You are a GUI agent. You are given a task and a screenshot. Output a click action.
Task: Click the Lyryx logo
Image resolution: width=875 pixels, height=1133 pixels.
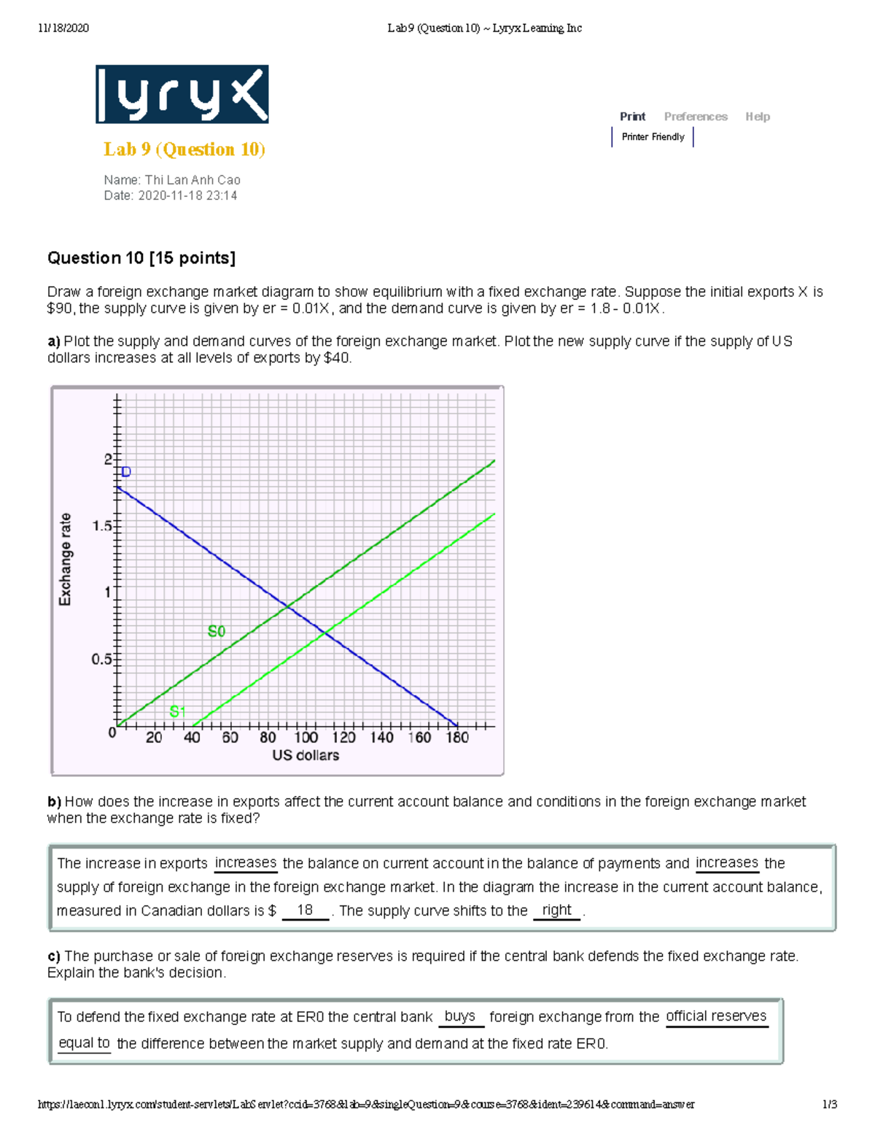coord(182,94)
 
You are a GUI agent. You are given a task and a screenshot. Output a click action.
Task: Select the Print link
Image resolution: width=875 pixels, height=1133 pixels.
coord(632,117)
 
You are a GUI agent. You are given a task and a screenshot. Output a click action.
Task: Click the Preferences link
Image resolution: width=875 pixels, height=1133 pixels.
coord(696,117)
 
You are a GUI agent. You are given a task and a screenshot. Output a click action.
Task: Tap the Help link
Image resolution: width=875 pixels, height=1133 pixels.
coord(757,117)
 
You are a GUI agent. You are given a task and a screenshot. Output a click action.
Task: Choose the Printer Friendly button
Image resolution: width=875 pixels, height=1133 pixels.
coord(653,137)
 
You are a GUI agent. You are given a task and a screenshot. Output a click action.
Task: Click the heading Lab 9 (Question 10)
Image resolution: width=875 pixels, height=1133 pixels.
coord(184,150)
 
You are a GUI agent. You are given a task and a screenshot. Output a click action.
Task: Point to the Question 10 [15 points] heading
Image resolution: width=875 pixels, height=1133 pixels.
coord(141,258)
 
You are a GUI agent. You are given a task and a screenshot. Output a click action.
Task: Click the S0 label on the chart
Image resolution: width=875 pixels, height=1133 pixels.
coord(217,631)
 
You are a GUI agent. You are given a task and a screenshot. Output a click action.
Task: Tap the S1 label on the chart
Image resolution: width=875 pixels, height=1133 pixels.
coord(177,711)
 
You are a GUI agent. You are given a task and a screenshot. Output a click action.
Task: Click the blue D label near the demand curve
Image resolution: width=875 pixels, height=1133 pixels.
coord(126,472)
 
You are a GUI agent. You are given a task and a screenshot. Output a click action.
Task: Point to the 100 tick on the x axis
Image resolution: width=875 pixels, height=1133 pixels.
coord(306,738)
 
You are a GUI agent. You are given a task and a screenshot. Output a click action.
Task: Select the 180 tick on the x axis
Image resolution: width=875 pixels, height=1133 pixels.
coord(457,738)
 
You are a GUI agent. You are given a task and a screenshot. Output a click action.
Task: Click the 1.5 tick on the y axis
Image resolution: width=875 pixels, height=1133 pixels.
coord(102,526)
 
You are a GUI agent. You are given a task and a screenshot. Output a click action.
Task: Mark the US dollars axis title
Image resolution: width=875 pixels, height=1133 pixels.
coord(306,756)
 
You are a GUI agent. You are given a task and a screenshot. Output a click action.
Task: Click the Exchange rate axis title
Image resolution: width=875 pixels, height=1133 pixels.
coord(66,559)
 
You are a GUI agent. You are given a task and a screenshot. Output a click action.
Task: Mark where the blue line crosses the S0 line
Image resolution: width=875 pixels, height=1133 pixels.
coord(288,606)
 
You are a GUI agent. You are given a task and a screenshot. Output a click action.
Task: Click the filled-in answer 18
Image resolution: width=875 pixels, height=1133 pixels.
coord(305,910)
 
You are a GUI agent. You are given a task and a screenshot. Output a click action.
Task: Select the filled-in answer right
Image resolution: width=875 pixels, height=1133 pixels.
coord(556,910)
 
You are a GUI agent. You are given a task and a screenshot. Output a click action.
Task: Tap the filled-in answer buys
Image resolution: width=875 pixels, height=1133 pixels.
coord(459,1016)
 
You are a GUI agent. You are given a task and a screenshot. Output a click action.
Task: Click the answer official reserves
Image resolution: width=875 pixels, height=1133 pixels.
coord(716,1016)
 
